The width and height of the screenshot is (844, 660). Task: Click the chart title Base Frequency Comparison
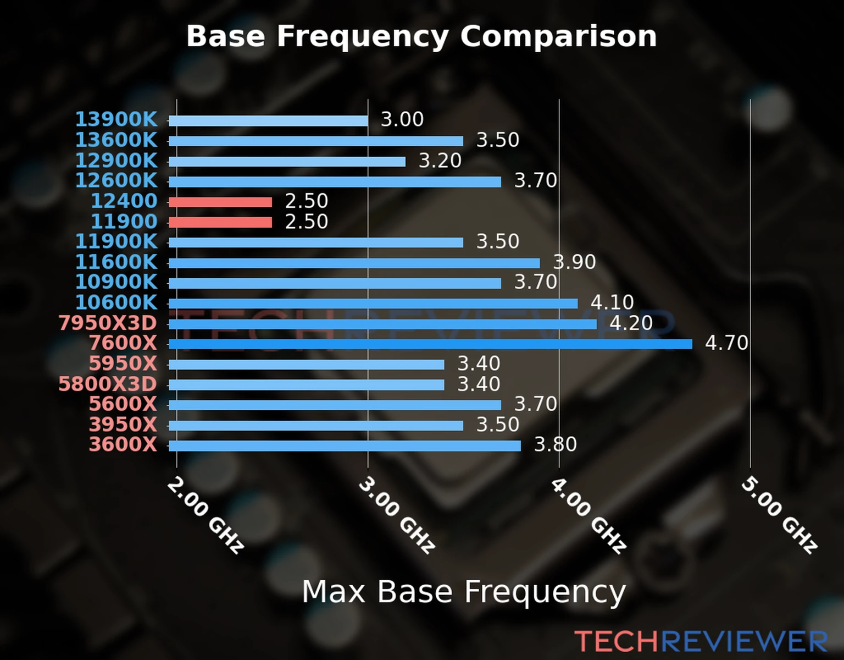[x=421, y=36]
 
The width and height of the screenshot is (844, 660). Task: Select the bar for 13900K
[x=268, y=120]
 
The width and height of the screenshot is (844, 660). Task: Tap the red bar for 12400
[x=220, y=202]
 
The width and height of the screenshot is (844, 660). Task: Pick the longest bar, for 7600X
[x=430, y=344]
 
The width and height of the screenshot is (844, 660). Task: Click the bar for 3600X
[x=345, y=446]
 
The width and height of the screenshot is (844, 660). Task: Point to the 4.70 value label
[x=726, y=343]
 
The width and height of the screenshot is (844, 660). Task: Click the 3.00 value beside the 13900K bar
[x=402, y=119]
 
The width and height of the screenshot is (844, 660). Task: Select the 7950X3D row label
[x=108, y=323]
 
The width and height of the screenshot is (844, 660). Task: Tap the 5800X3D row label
[x=108, y=384]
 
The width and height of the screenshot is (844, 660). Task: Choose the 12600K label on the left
[x=116, y=180]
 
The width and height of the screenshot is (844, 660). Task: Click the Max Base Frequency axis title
[x=464, y=592]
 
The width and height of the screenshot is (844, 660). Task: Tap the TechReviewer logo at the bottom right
[x=701, y=641]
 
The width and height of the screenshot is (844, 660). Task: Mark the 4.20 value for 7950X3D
[x=631, y=323]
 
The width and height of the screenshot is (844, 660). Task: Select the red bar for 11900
[x=220, y=222]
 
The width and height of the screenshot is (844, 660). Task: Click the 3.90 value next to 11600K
[x=574, y=262]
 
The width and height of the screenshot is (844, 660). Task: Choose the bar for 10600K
[x=373, y=304]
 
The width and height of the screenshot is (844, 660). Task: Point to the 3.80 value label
[x=556, y=444]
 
